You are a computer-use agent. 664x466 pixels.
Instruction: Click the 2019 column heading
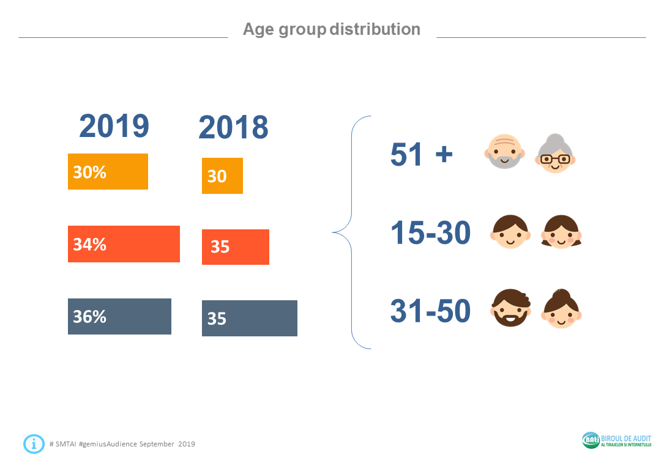point(114,126)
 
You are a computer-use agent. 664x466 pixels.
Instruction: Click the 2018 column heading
point(233,127)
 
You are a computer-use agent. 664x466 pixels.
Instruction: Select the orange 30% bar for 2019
point(108,172)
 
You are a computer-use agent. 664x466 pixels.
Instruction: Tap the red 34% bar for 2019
point(124,244)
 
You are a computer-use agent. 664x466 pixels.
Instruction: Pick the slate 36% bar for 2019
point(119,316)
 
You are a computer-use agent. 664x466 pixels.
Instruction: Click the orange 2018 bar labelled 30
point(222,176)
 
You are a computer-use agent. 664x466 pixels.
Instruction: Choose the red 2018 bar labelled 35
point(236,247)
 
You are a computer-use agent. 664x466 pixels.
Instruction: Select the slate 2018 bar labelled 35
point(250,318)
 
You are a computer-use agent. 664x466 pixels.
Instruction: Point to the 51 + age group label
point(422,154)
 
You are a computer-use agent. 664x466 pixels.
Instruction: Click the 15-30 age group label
point(431,232)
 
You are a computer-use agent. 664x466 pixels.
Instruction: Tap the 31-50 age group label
point(431,311)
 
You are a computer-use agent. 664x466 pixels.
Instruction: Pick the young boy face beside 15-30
point(510,231)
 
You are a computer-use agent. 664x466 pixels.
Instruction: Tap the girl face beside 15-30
point(561,231)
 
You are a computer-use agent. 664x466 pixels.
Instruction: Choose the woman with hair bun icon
point(561,309)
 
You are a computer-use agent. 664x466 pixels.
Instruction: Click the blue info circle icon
point(34,443)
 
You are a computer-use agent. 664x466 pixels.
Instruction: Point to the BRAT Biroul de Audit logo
point(616,440)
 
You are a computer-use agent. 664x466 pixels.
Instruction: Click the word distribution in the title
point(375,29)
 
